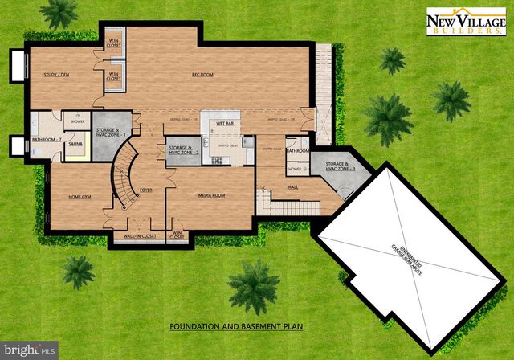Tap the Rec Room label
(x=202, y=75)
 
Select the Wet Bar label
(x=223, y=124)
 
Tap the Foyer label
(x=145, y=190)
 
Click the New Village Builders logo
(x=466, y=20)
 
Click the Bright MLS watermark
(x=31, y=350)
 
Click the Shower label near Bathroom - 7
(x=78, y=122)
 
